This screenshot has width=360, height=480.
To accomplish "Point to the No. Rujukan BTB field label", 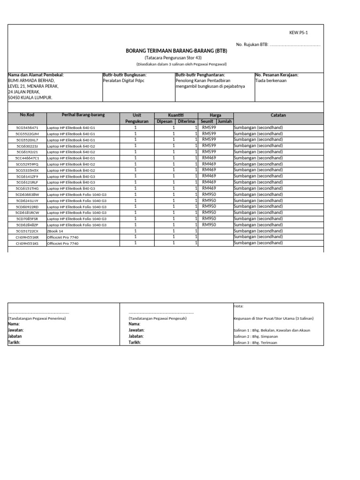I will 252,45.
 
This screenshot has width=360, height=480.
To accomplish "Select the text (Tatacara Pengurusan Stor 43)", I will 180,57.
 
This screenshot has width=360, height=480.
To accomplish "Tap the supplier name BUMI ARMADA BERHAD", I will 32,81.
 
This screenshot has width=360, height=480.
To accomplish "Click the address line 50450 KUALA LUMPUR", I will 30,97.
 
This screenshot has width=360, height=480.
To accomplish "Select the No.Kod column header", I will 27,115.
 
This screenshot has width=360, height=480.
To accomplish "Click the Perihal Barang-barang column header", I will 83,115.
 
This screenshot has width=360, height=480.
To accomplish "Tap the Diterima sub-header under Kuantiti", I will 186,121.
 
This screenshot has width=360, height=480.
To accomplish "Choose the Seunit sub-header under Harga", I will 207,121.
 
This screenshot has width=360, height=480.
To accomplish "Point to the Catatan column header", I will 278,115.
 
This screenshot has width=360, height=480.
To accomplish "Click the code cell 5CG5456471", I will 27,127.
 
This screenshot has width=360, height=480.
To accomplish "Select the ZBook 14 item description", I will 55,231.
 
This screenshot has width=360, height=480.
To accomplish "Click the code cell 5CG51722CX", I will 27,231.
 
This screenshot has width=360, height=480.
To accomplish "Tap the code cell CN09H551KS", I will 27,243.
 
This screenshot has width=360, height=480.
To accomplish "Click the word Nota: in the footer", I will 238,306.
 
